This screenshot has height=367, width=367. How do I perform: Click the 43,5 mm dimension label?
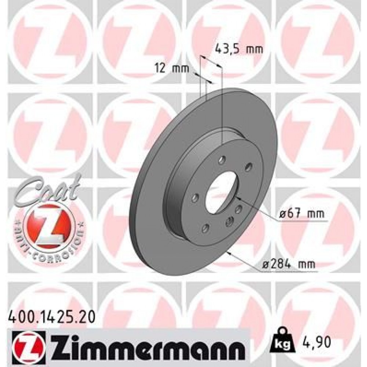tap(239, 49)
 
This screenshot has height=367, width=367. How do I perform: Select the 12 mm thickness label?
tap(171, 68)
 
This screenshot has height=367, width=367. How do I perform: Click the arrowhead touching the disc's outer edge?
tap(229, 252)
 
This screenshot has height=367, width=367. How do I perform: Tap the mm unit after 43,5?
tap(255, 49)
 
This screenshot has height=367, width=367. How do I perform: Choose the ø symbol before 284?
tap(266, 264)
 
